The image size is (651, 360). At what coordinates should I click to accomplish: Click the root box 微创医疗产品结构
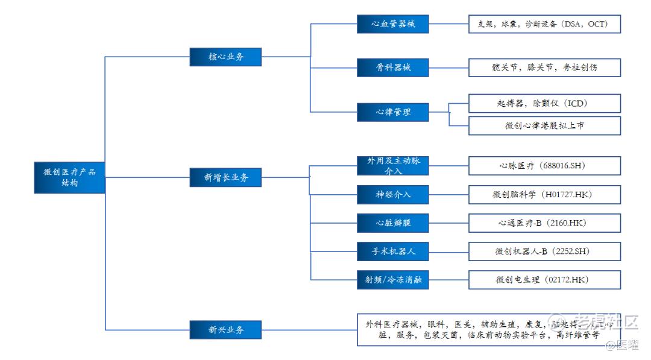pyautogui.click(x=69, y=177)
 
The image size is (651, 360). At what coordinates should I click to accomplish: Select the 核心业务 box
pyautogui.click(x=226, y=57)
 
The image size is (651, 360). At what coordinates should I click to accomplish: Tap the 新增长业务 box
pyautogui.click(x=226, y=177)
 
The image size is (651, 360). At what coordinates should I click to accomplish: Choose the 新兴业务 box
pyautogui.click(x=226, y=330)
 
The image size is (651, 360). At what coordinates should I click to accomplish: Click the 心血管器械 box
pyautogui.click(x=392, y=24)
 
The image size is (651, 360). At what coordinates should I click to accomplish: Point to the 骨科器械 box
pyautogui.click(x=392, y=68)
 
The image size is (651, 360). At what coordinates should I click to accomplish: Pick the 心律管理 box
pyautogui.click(x=392, y=112)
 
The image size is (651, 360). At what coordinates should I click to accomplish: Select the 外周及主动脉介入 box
pyautogui.click(x=392, y=166)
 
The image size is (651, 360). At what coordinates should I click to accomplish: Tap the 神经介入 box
pyautogui.click(x=392, y=194)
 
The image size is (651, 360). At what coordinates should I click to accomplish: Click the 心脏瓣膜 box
pyautogui.click(x=392, y=223)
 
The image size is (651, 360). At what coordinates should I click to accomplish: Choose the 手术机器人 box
pyautogui.click(x=392, y=251)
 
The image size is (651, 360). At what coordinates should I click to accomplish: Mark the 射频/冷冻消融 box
pyautogui.click(x=392, y=280)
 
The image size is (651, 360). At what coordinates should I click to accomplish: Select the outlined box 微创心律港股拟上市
pyautogui.click(x=544, y=125)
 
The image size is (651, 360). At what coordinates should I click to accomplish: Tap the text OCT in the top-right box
pyautogui.click(x=597, y=24)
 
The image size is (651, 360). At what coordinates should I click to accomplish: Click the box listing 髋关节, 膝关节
pyautogui.click(x=544, y=68)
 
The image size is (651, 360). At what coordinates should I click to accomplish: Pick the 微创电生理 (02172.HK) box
pyautogui.click(x=544, y=280)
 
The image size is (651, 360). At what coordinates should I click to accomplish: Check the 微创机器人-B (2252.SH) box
pyautogui.click(x=544, y=251)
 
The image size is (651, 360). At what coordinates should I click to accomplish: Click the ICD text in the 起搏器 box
pyautogui.click(x=576, y=103)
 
